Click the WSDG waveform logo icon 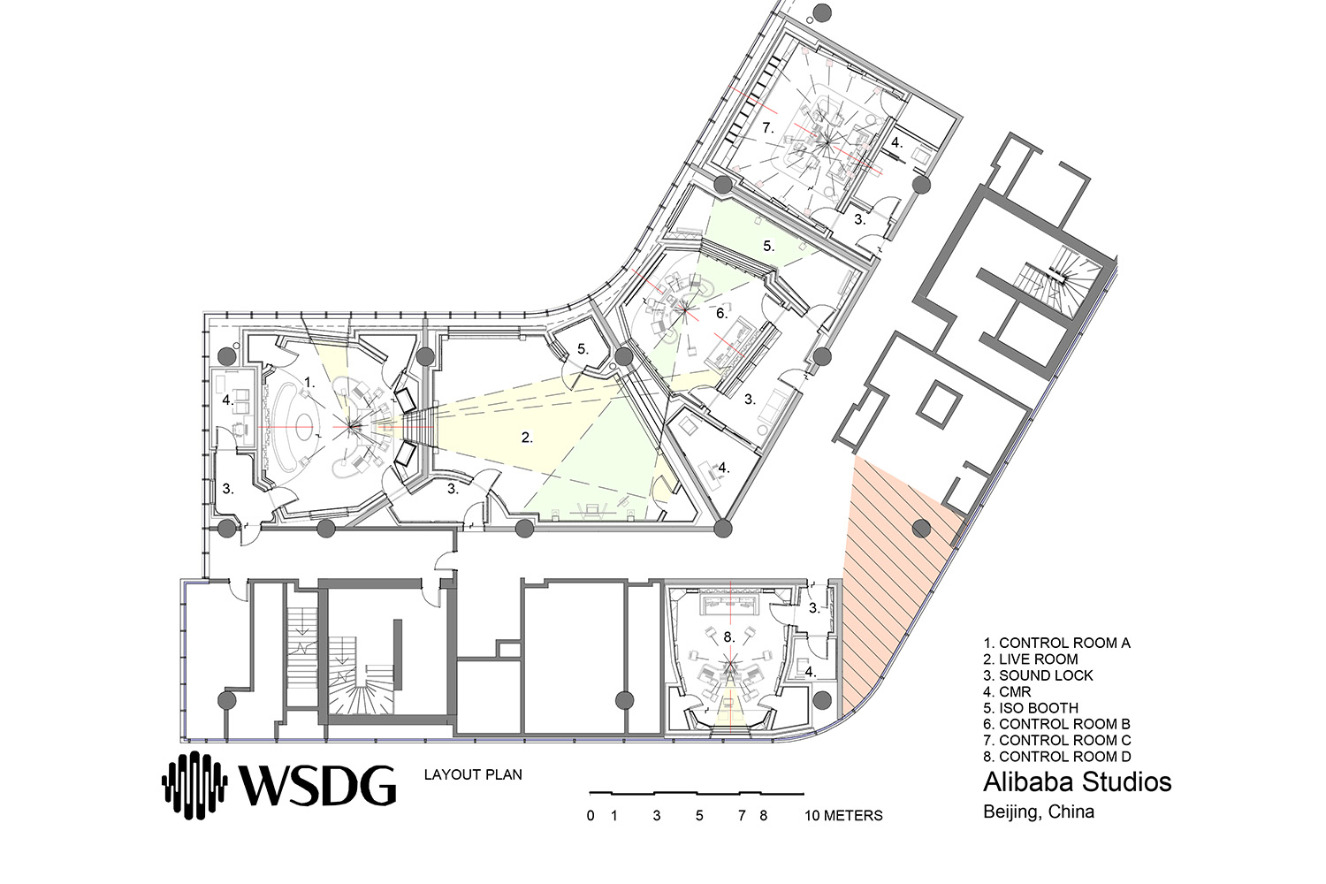tap(194, 785)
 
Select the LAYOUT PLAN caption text tap(473, 774)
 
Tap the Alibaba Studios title tap(1078, 781)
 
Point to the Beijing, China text tap(1039, 812)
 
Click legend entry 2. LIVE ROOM tap(1039, 659)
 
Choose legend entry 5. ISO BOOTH tap(1040, 707)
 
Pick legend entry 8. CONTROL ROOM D tap(1057, 756)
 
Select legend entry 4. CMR tap(1007, 691)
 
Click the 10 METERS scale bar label tap(843, 815)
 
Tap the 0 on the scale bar tap(591, 815)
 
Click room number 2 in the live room tap(527, 438)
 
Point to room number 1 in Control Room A tap(309, 383)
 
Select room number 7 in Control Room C tap(768, 127)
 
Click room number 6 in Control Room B tap(721, 313)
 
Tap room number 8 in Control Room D tap(729, 637)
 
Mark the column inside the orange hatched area tap(920, 529)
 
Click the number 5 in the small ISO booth tap(583, 349)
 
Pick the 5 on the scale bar tap(699, 815)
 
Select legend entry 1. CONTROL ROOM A tap(1056, 643)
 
